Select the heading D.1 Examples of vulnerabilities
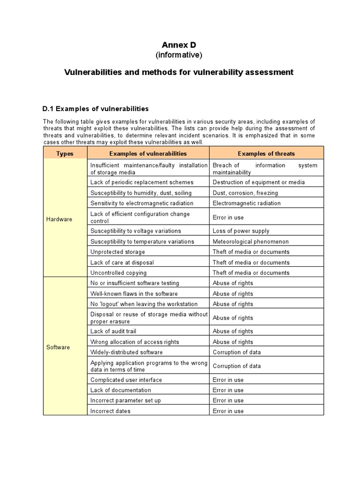95,109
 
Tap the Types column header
65,153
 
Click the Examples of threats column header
266,153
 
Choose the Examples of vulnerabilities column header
148,153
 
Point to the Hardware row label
60,219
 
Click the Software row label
58,347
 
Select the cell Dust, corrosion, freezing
245,193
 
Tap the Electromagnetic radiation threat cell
247,203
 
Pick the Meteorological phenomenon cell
250,241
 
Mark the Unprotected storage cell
114,252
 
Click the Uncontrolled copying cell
118,273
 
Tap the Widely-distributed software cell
127,352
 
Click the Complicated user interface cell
126,380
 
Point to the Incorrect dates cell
110,411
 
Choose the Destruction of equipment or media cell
258,182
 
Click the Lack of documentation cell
120,390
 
